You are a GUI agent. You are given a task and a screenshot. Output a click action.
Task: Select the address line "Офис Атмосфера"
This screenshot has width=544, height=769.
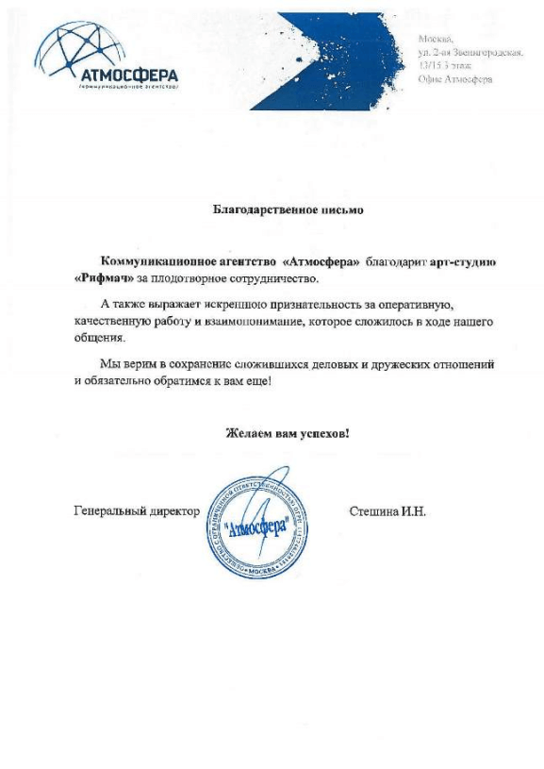pyautogui.click(x=454, y=80)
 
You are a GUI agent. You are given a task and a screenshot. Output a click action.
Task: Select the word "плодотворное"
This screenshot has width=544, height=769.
pyautogui.click(x=189, y=279)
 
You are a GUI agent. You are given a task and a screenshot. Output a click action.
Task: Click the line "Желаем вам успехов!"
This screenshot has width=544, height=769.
pyautogui.click(x=287, y=434)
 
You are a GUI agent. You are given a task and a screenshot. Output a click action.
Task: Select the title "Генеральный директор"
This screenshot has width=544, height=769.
pyautogui.click(x=136, y=511)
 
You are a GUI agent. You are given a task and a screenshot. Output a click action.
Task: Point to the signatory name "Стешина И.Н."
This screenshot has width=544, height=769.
pyautogui.click(x=387, y=511)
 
